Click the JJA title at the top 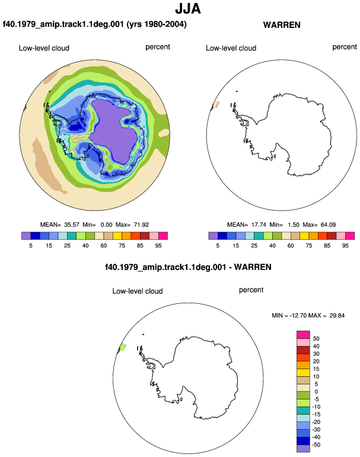point(188,9)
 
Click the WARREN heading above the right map point(282,25)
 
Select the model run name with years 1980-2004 point(95,24)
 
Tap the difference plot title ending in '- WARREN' point(188,267)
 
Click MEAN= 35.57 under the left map point(60,225)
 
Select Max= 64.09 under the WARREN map point(319,225)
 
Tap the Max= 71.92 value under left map point(132,225)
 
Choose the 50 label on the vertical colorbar point(316,339)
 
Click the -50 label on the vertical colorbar point(316,445)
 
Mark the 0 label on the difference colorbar point(316,392)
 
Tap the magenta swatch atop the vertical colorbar point(303,335)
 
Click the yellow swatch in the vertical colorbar point(303,373)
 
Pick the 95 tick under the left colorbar point(158,246)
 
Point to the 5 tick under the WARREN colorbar point(218,246)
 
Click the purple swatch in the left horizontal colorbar point(26,236)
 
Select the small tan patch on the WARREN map point(216,104)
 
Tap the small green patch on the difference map point(123,347)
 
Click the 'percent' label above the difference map point(251,290)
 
